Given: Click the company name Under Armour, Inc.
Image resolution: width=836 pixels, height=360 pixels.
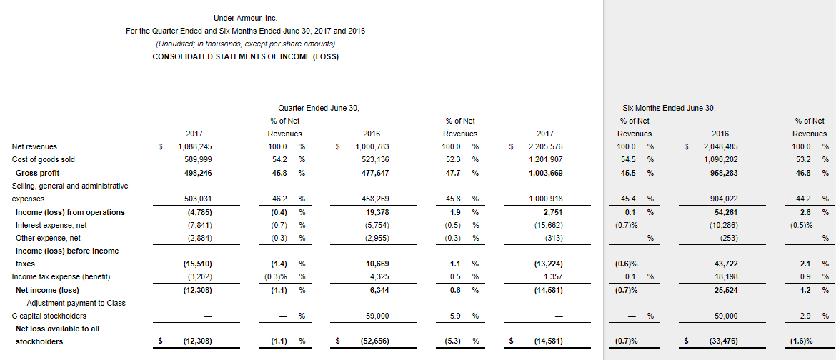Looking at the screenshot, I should tap(245, 18).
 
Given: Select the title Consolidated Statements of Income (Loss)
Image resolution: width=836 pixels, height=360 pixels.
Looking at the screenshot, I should tap(245, 57).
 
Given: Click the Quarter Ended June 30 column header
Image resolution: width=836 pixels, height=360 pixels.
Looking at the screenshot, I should tap(318, 108).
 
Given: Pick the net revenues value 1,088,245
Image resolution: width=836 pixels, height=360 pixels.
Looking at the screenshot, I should tap(194, 146).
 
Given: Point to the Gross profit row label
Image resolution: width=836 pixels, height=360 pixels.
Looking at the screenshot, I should tap(37, 173).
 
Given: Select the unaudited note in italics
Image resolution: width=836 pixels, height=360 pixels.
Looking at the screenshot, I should tap(245, 44).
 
